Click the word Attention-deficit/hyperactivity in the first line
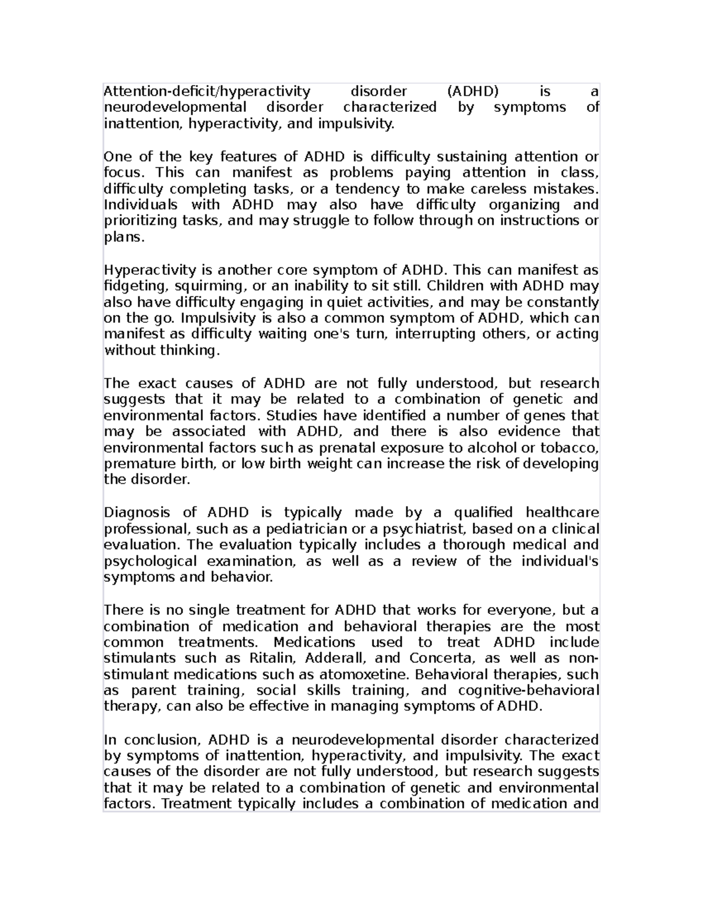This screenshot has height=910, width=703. click(x=206, y=91)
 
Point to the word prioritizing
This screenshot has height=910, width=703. click(x=139, y=221)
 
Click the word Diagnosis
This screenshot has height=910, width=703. click(x=136, y=513)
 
